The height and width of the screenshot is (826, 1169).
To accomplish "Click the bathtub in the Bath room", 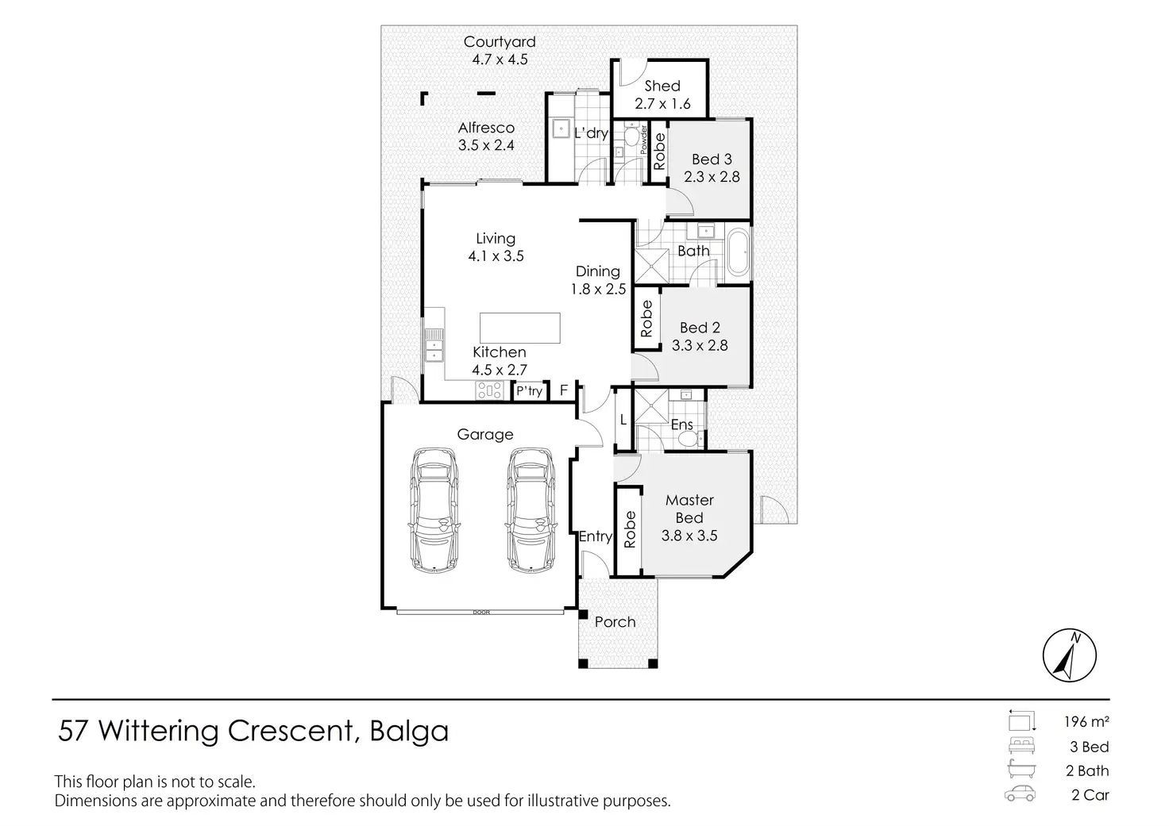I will coord(737,253).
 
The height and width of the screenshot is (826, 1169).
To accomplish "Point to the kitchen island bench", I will coord(519,326).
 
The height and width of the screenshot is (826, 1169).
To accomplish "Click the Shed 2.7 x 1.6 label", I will coord(662,94).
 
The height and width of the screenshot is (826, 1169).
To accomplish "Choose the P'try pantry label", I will coord(529,391).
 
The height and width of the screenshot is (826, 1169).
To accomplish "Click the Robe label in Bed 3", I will coord(659,152).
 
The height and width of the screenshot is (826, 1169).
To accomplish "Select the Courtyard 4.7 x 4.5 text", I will coord(500,50).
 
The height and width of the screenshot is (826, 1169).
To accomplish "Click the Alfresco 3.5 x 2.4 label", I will coord(486,136).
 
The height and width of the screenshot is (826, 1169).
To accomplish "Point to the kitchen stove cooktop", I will coord(488,390).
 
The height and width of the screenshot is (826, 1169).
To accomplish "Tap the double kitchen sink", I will coord(434,345).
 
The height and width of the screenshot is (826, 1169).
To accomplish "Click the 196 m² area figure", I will coord(1086,722).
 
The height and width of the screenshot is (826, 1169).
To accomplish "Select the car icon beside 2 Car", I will coord(1021,793).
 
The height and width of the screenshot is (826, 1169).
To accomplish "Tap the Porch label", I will coord(615,622).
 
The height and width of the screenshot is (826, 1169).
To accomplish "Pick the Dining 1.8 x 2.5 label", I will coord(598,280).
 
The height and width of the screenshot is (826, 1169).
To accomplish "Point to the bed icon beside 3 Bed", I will coord(1021,746).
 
